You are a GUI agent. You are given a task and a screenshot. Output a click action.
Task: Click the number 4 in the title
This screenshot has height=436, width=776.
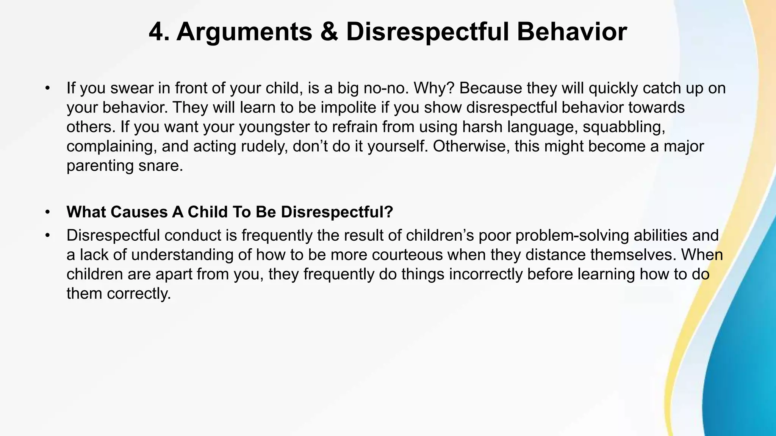(x=156, y=32)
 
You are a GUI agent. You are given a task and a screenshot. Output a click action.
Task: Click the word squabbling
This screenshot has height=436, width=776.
(x=624, y=127)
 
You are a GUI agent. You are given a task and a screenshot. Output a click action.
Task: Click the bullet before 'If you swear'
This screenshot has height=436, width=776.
(x=47, y=88)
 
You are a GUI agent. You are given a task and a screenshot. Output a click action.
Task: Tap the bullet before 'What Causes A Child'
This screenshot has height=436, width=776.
(x=47, y=212)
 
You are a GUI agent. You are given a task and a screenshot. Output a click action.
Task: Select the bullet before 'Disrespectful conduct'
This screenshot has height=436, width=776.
(x=47, y=235)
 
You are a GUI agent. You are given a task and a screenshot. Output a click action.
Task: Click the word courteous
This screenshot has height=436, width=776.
(x=407, y=255)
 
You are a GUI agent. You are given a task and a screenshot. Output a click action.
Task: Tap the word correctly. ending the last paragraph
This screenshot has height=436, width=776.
(x=139, y=294)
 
